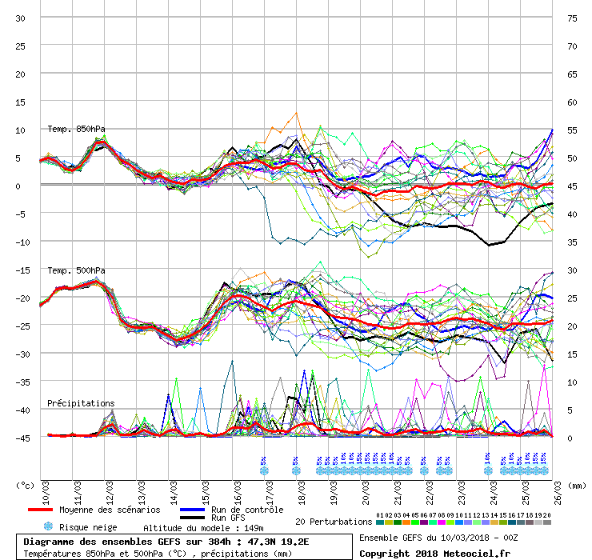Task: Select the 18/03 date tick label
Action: coord(303,485)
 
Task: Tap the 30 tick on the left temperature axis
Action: coord(21,18)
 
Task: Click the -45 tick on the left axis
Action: coord(21,438)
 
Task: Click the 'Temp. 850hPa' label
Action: coord(76,129)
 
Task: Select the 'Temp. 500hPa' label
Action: coord(76,270)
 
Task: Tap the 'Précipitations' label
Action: coord(81,403)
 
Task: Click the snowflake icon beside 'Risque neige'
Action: coord(48,526)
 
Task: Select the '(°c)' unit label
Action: coord(26,485)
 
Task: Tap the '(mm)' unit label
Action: coord(578,485)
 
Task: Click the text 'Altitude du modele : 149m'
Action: coord(203,528)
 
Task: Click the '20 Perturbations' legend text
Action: coord(334,522)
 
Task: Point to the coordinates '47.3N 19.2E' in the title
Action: coord(261,541)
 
